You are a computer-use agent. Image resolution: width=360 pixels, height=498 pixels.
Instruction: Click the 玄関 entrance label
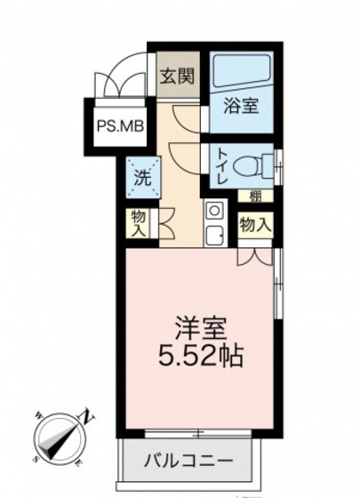tap(172, 76)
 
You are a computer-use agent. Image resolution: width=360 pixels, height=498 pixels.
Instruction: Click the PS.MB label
tap(119, 126)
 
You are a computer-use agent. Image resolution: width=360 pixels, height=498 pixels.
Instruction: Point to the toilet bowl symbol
tap(257, 165)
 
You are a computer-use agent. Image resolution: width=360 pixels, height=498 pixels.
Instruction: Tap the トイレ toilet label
tap(220, 166)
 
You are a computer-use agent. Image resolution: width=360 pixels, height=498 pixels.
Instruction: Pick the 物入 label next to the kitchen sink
tap(255, 225)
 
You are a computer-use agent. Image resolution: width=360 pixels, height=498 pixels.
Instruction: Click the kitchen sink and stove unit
tap(215, 223)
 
